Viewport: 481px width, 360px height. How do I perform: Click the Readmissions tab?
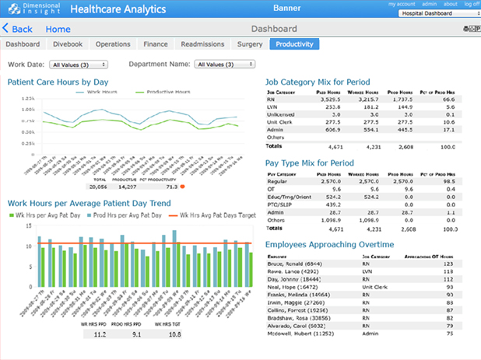[x=202, y=45]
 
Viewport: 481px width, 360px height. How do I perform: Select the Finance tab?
[x=156, y=45]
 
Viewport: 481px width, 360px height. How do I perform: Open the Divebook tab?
[x=68, y=45]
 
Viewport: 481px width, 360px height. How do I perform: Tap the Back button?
[x=18, y=29]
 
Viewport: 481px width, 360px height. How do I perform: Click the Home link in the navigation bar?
[x=58, y=30]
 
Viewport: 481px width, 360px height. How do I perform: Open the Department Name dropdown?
[x=222, y=65]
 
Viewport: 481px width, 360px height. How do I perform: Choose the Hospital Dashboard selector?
[x=443, y=14]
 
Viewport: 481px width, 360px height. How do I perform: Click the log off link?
[x=471, y=4]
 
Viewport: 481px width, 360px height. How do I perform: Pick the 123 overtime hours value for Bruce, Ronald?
[x=448, y=264]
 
